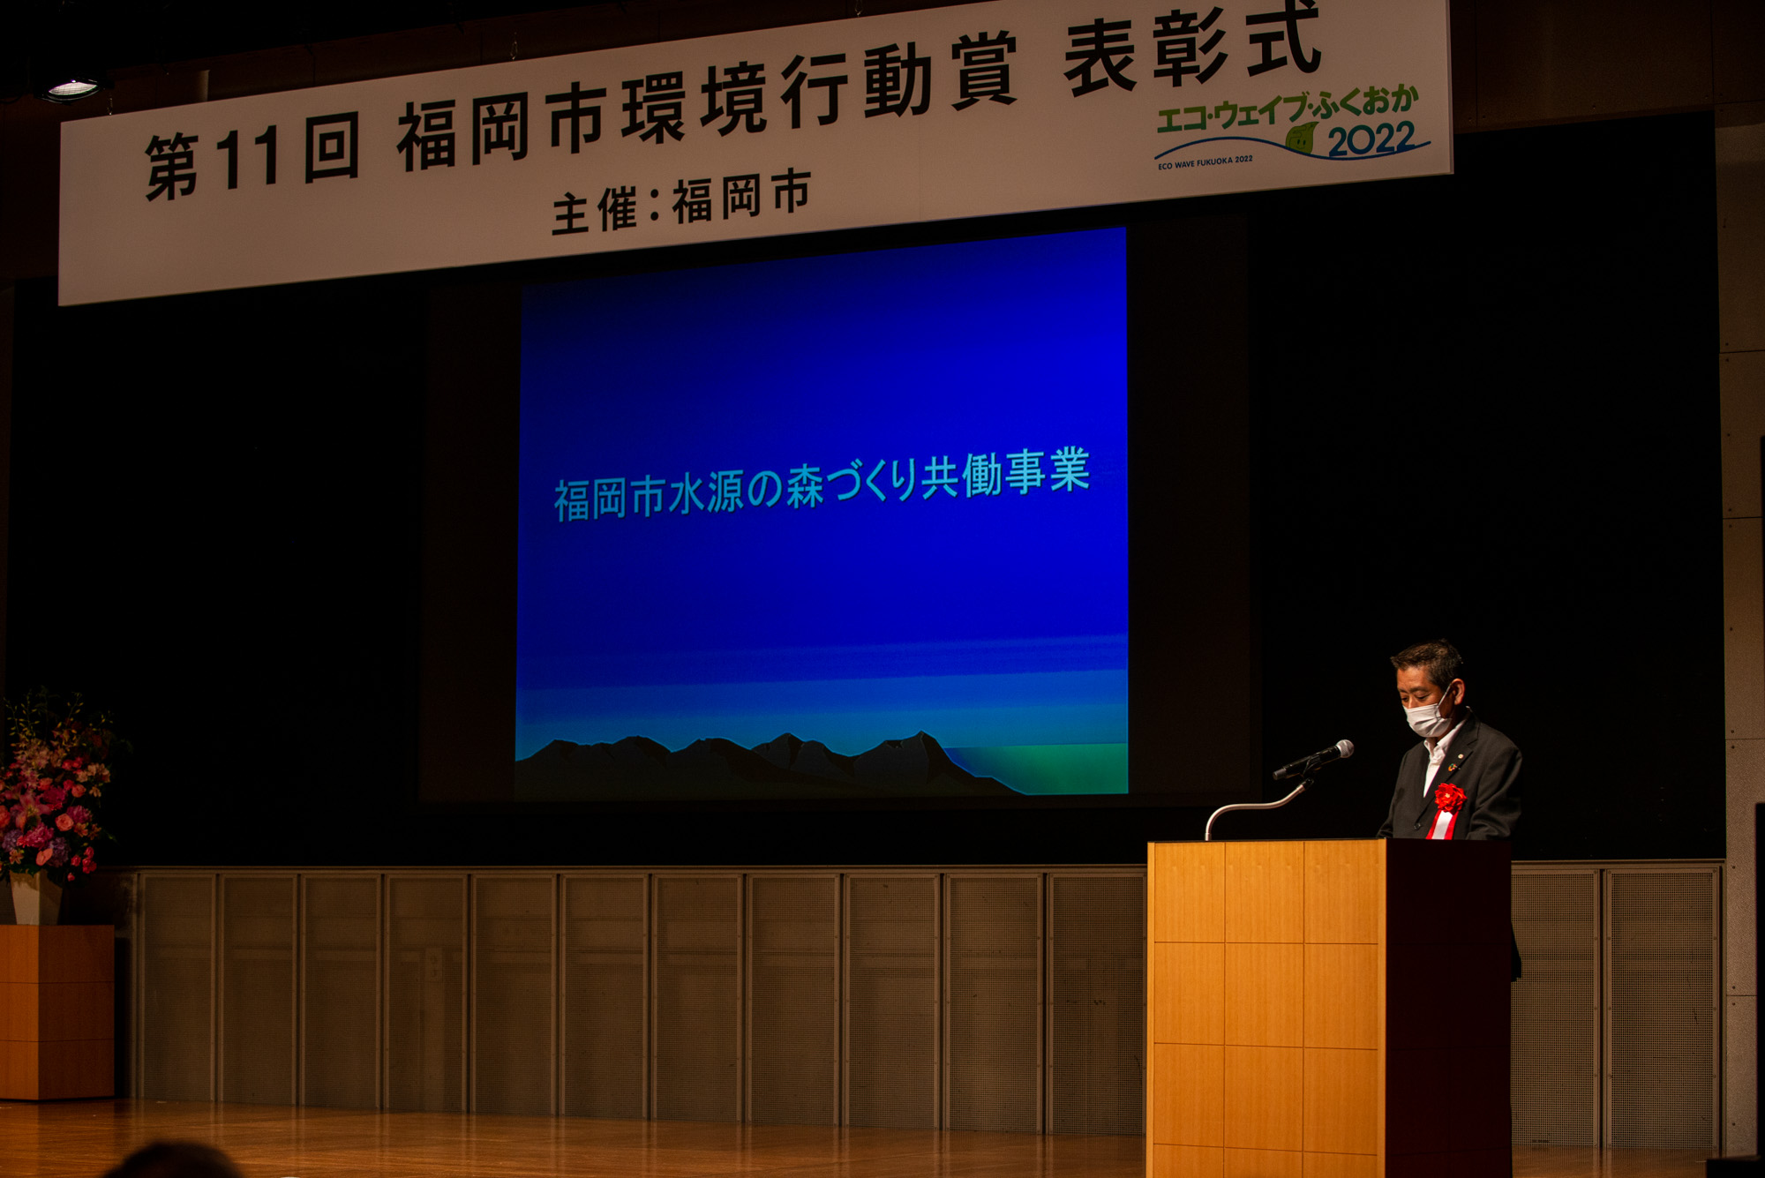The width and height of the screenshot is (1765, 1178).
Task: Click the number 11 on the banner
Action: tap(247, 159)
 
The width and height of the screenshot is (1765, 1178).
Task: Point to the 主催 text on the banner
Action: tap(594, 212)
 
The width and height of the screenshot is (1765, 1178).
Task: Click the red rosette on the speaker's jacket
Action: tap(1448, 798)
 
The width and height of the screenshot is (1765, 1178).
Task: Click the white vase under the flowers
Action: tap(35, 898)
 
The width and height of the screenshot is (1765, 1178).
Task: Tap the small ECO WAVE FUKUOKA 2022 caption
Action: tap(1205, 162)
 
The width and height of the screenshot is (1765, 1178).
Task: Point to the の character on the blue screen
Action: tap(765, 490)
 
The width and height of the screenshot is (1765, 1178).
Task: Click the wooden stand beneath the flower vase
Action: tap(56, 1011)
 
